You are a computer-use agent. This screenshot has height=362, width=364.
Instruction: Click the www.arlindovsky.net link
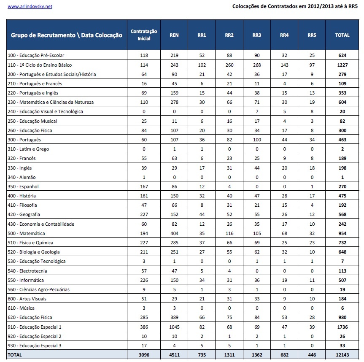[x=30, y=7]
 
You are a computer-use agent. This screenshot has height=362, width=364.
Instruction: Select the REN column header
[x=174, y=35]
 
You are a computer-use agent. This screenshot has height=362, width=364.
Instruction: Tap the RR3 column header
[x=256, y=35]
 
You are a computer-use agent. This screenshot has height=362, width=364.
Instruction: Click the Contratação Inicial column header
[x=144, y=35]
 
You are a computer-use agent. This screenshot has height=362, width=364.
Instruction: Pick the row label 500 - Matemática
[x=27, y=233]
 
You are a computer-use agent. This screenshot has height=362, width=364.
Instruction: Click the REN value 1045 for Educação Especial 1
[x=174, y=327]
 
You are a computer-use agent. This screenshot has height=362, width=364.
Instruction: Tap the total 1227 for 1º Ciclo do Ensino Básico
[x=342, y=65]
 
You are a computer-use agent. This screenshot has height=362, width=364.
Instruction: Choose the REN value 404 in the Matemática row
[x=174, y=233]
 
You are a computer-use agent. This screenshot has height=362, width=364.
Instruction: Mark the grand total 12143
[x=342, y=355]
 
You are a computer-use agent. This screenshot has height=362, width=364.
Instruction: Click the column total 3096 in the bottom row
[x=144, y=355]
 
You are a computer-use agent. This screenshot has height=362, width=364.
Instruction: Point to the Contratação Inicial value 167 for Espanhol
[x=144, y=186]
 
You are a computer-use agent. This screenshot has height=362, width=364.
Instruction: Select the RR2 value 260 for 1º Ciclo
[x=229, y=65]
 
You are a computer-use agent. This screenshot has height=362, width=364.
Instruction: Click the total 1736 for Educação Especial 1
[x=342, y=327]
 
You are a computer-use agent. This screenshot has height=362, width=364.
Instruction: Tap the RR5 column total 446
[x=312, y=355]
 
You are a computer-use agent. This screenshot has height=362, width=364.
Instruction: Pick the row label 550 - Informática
[x=26, y=280]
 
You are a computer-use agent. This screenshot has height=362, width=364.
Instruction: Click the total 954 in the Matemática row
[x=342, y=233]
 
